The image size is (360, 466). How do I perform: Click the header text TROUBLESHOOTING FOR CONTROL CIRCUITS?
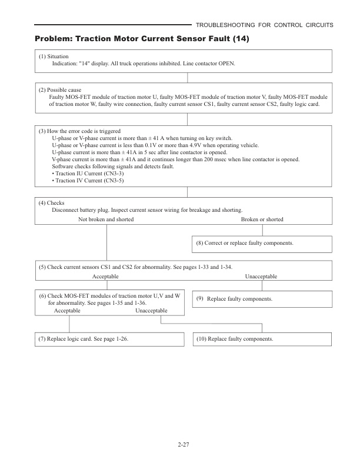click(265, 25)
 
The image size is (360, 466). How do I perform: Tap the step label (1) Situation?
click(54, 56)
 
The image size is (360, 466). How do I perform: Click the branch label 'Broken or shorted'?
click(262, 219)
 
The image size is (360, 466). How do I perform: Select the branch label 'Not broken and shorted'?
click(106, 219)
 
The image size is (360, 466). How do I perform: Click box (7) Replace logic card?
click(88, 339)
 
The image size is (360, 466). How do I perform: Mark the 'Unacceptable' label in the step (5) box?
click(261, 276)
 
